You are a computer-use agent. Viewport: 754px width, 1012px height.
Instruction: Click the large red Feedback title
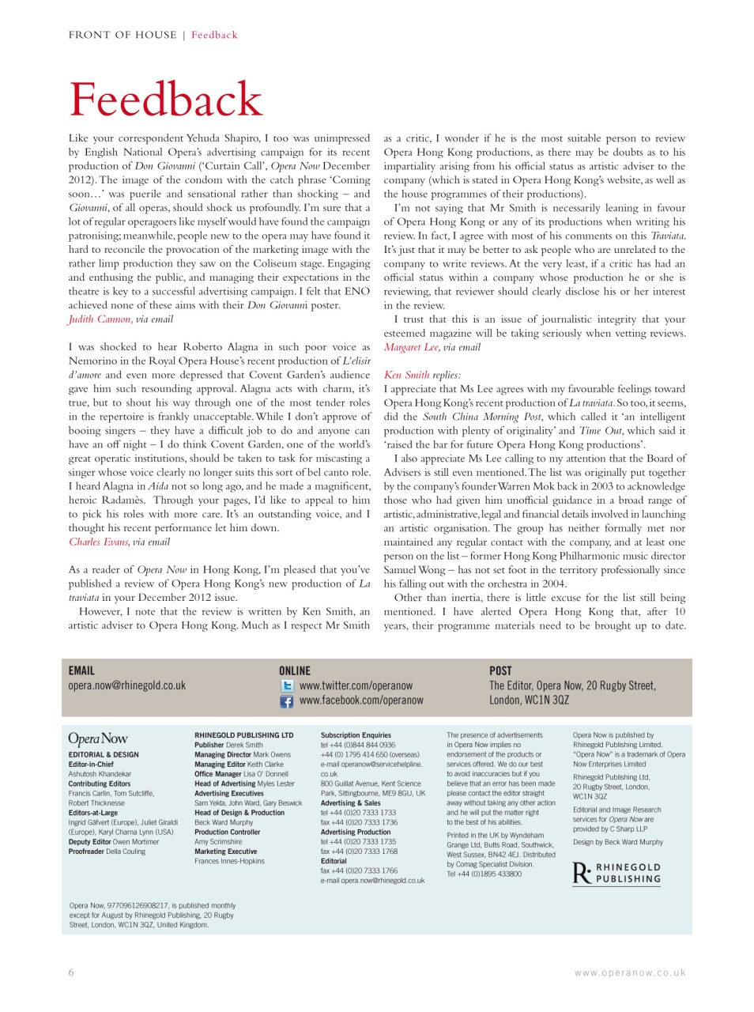165,100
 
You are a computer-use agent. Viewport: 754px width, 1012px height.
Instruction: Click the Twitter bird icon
287,686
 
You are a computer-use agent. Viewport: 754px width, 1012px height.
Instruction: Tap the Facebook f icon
287,701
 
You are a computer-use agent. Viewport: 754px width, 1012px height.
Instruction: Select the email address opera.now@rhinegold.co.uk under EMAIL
127,685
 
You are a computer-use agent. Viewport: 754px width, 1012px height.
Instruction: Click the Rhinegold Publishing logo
616,873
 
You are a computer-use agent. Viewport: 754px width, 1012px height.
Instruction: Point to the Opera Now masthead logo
98,738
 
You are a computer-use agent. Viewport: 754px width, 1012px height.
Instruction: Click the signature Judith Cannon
100,319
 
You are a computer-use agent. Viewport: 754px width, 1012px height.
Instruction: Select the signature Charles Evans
98,542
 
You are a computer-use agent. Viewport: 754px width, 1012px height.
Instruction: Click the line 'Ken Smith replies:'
422,375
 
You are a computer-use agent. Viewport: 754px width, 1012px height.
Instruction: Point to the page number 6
71,972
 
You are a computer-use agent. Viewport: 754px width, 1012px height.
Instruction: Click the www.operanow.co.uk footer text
630,973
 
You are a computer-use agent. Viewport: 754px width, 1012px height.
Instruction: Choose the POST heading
500,670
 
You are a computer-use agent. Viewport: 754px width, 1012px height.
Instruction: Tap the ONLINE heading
295,670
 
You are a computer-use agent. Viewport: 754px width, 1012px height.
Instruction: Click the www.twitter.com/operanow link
356,685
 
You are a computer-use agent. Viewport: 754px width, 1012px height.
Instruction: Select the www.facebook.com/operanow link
361,700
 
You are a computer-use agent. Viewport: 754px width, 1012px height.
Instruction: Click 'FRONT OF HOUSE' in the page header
123,35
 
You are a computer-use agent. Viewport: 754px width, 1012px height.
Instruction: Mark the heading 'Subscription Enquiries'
356,735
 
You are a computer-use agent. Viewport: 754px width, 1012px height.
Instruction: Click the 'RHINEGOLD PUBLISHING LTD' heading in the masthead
243,735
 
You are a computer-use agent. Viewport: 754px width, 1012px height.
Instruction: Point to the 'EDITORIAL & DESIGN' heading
104,755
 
